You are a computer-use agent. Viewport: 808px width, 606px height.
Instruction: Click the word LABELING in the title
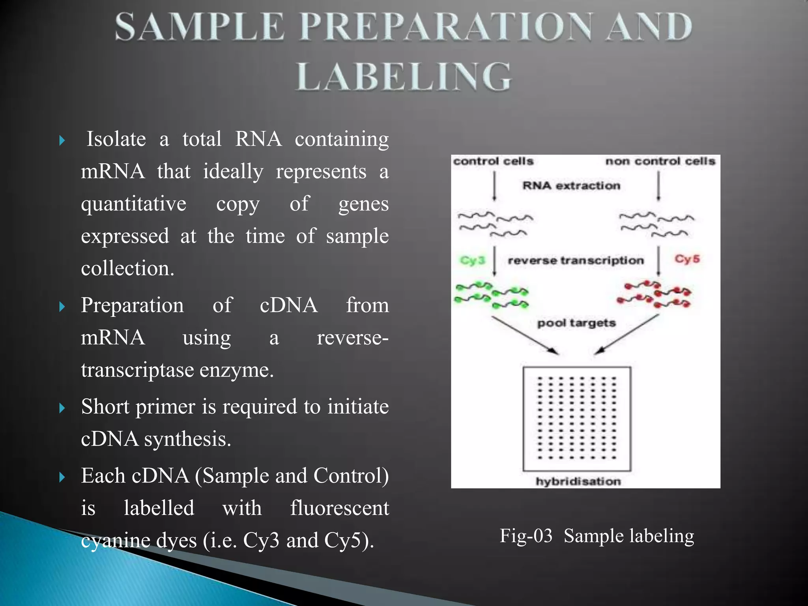pos(403,77)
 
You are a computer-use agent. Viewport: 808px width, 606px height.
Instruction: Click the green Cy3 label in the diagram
pos(472,260)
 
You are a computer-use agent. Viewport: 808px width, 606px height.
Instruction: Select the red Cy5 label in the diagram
pos(687,259)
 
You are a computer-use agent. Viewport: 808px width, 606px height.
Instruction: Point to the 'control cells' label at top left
pos(493,161)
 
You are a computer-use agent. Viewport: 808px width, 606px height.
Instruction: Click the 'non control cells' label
pos(660,161)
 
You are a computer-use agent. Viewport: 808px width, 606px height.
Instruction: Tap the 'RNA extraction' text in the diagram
pos(571,185)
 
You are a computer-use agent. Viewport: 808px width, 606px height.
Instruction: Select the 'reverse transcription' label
pos(576,260)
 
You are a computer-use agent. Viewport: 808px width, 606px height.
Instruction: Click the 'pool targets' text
pos(576,323)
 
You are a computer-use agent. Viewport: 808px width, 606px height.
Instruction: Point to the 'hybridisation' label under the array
pos(578,481)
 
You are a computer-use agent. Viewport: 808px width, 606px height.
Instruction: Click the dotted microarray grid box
pos(577,419)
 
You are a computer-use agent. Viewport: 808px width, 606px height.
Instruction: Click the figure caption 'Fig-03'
pos(526,536)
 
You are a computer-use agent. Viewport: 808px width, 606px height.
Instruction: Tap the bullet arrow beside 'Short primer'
pos(62,408)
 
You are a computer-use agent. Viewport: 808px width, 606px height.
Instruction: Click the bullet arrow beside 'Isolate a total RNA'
pos(62,140)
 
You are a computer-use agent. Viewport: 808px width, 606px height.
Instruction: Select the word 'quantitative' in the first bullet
pos(133,204)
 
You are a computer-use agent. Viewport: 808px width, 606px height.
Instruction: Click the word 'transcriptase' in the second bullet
pos(137,370)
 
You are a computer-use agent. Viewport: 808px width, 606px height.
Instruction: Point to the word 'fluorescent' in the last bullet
pos(339,508)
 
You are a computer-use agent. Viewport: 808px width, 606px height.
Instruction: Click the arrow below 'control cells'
pos(495,186)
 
